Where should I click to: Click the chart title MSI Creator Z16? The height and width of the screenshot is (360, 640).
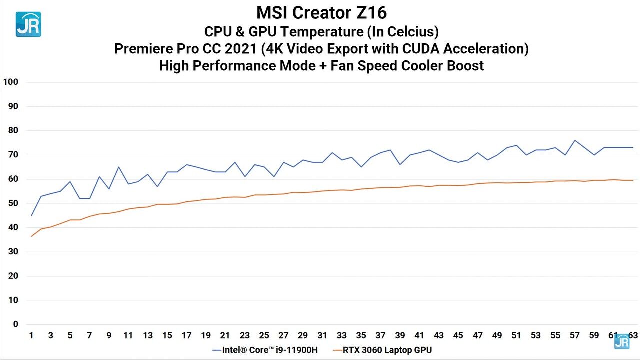pos(321,12)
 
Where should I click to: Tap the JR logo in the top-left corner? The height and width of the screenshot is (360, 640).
pos(28,24)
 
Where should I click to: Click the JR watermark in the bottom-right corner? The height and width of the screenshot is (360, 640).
pos(622,341)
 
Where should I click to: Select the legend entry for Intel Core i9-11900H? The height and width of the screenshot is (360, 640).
pos(265,350)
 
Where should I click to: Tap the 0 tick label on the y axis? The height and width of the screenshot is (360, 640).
pos(15,324)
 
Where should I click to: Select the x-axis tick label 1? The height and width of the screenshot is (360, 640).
pos(31,335)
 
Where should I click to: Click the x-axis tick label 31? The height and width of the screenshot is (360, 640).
pos(322,335)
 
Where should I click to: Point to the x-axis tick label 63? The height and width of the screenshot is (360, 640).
pos(633,335)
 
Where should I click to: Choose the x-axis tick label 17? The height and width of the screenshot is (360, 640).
pos(186,335)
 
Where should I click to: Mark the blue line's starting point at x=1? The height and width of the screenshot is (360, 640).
pos(31,215)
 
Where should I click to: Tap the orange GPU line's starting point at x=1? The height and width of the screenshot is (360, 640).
pos(31,236)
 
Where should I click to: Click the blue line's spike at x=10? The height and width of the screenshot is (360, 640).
pos(118,167)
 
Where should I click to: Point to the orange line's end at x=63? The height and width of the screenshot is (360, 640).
pos(633,180)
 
